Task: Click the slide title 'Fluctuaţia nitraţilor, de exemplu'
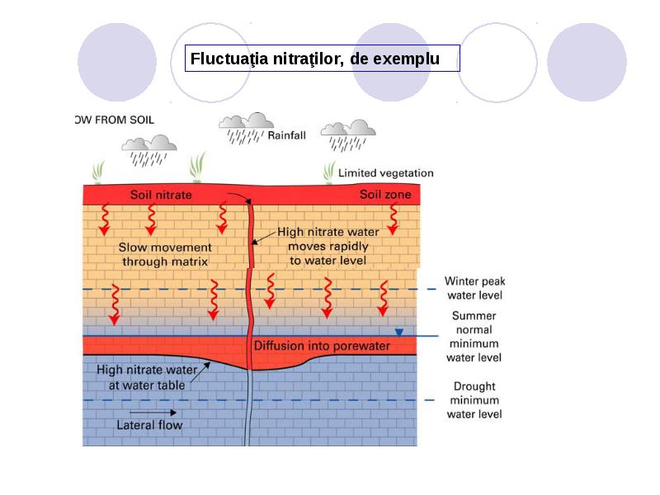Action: click(315, 59)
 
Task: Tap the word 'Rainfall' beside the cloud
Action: click(286, 135)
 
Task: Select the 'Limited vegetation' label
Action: click(385, 173)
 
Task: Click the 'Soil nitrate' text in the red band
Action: click(161, 195)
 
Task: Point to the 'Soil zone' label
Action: click(385, 195)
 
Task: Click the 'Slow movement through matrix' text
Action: click(165, 254)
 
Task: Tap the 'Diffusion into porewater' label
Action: click(322, 346)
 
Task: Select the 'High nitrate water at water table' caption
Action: click(147, 377)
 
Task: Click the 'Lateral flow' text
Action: click(149, 425)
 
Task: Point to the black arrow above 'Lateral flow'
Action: click(153, 412)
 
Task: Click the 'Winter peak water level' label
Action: click(475, 288)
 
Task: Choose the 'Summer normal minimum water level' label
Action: click(474, 337)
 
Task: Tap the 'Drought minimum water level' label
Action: click(474, 400)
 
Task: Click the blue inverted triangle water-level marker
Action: click(399, 332)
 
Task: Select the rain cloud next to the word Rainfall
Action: click(246, 128)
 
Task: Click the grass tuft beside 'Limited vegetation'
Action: click(329, 172)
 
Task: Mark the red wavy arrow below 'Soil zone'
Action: click(394, 219)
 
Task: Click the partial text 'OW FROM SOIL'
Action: click(115, 120)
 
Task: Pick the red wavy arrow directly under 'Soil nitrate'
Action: click(151, 219)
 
